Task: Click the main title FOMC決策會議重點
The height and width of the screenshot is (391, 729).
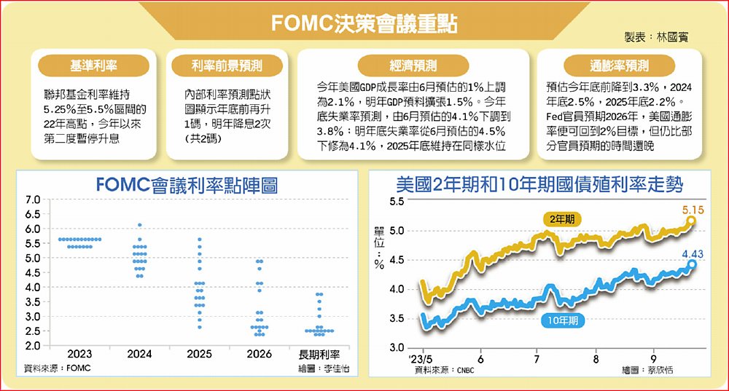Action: point(364,23)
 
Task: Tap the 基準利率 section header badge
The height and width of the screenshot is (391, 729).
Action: point(92,66)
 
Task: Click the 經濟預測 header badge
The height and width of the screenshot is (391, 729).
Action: point(413,66)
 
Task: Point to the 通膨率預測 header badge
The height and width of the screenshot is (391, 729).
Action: point(619,66)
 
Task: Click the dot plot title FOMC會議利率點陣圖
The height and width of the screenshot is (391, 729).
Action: point(187,185)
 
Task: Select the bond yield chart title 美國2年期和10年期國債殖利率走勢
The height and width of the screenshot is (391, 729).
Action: point(539,185)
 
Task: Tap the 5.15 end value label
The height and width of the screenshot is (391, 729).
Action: point(693,210)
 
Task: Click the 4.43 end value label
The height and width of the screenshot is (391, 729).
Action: point(693,253)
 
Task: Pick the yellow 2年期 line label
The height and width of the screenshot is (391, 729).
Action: point(562,218)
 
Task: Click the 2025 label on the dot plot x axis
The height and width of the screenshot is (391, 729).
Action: point(199,355)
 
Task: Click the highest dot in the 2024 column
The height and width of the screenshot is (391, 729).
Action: point(139,225)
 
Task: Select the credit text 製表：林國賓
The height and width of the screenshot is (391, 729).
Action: point(656,36)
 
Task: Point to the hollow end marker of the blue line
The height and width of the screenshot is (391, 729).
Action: point(692,264)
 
